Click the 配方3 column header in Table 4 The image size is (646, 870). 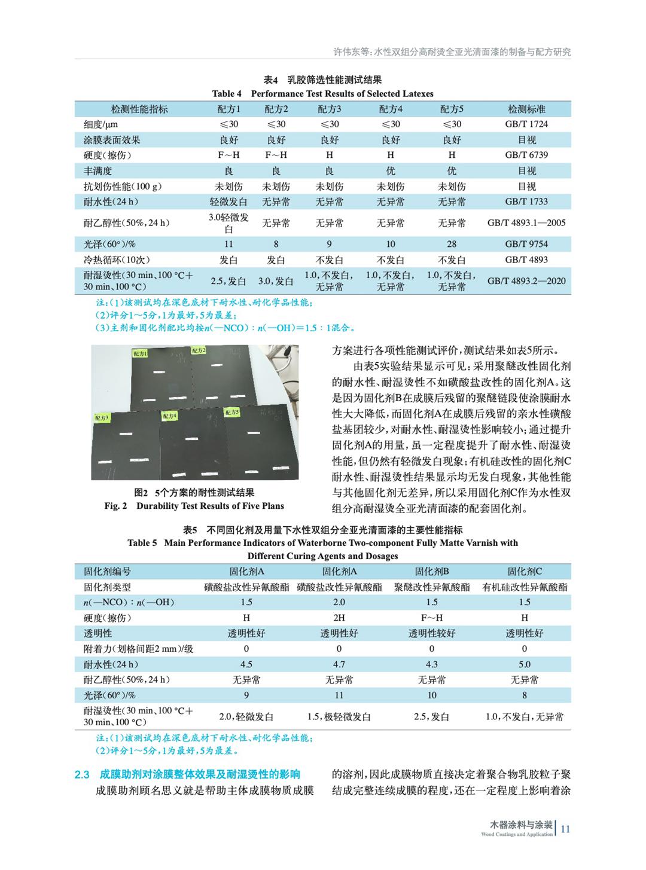tap(329, 109)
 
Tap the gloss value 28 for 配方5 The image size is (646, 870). tap(452, 244)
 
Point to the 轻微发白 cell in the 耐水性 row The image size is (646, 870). tap(228, 202)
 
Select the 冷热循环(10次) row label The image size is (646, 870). tap(117, 260)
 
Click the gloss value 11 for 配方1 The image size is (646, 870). tap(228, 244)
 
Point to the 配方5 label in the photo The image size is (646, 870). tap(232, 413)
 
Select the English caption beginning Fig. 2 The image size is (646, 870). tap(194, 506)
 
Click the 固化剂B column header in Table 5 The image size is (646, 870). tap(432, 572)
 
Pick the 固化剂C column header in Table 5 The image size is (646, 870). tap(525, 572)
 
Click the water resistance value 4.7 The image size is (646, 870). tap(339, 664)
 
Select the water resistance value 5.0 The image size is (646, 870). tap(525, 664)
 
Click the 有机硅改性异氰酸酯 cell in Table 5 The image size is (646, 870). tap(525, 587)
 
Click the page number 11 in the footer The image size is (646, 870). tap(565, 829)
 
